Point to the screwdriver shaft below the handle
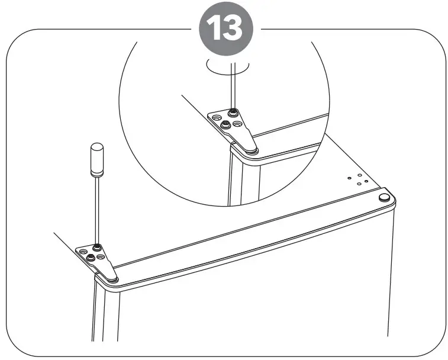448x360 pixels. [95, 207]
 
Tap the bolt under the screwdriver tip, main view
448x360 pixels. [95, 247]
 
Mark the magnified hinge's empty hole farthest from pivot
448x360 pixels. [216, 116]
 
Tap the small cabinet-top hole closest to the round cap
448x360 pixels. [368, 182]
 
